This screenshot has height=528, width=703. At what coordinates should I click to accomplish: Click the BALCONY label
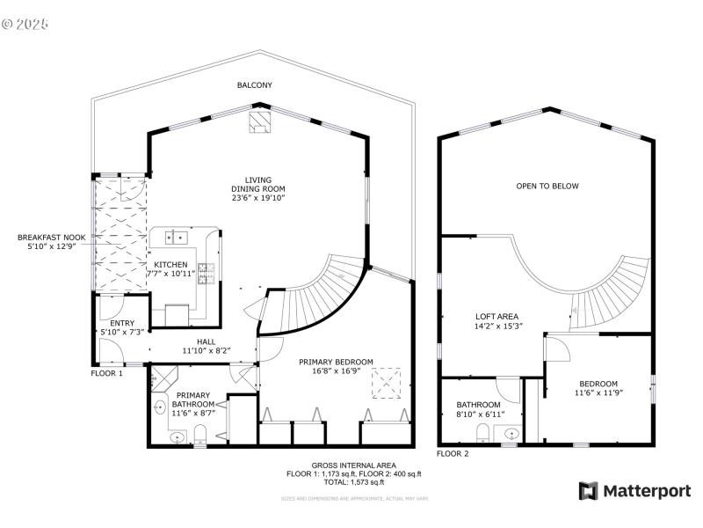[254, 85]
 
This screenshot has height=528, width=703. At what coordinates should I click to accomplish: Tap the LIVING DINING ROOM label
[258, 189]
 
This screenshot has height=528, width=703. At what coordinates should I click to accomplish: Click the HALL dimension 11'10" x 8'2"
[206, 350]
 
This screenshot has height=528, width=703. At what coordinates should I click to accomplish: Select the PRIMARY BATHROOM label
[192, 399]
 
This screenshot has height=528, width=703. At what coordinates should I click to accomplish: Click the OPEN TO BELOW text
[547, 186]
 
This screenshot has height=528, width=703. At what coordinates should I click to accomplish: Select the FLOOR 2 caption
[453, 454]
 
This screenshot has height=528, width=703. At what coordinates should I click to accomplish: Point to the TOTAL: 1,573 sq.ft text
[353, 482]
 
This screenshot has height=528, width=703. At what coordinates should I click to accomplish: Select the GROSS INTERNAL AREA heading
[353, 465]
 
